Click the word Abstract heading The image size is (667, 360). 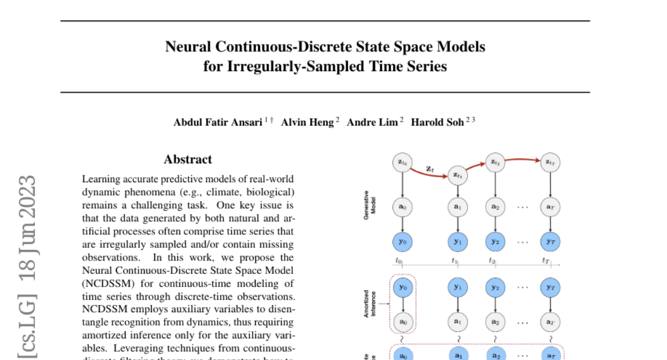coord(187,159)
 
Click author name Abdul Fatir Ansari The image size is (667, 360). coord(218,123)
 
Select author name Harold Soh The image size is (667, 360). coord(437,123)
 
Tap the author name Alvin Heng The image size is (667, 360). coord(307,123)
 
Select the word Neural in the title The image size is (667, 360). coord(188,47)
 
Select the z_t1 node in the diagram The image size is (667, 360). coord(457,176)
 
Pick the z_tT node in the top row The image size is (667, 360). coord(550,162)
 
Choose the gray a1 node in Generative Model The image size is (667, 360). coord(457,207)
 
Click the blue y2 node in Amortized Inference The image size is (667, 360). coord(494,287)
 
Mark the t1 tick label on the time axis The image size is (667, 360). coord(454,261)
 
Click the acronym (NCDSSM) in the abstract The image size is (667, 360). coord(106,282)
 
